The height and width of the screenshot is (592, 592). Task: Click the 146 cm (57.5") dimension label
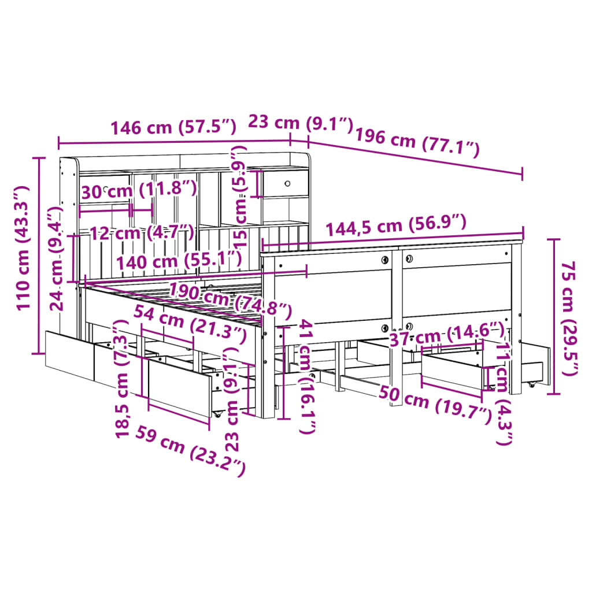[x=173, y=127]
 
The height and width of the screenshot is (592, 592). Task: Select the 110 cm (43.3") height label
[x=23, y=248]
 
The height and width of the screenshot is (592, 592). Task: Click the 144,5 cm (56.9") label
[x=396, y=225]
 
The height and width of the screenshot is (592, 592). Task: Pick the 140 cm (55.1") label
[x=179, y=261]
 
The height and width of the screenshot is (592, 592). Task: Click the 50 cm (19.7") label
[x=435, y=404]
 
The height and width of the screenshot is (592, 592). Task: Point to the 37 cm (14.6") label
[x=447, y=335]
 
